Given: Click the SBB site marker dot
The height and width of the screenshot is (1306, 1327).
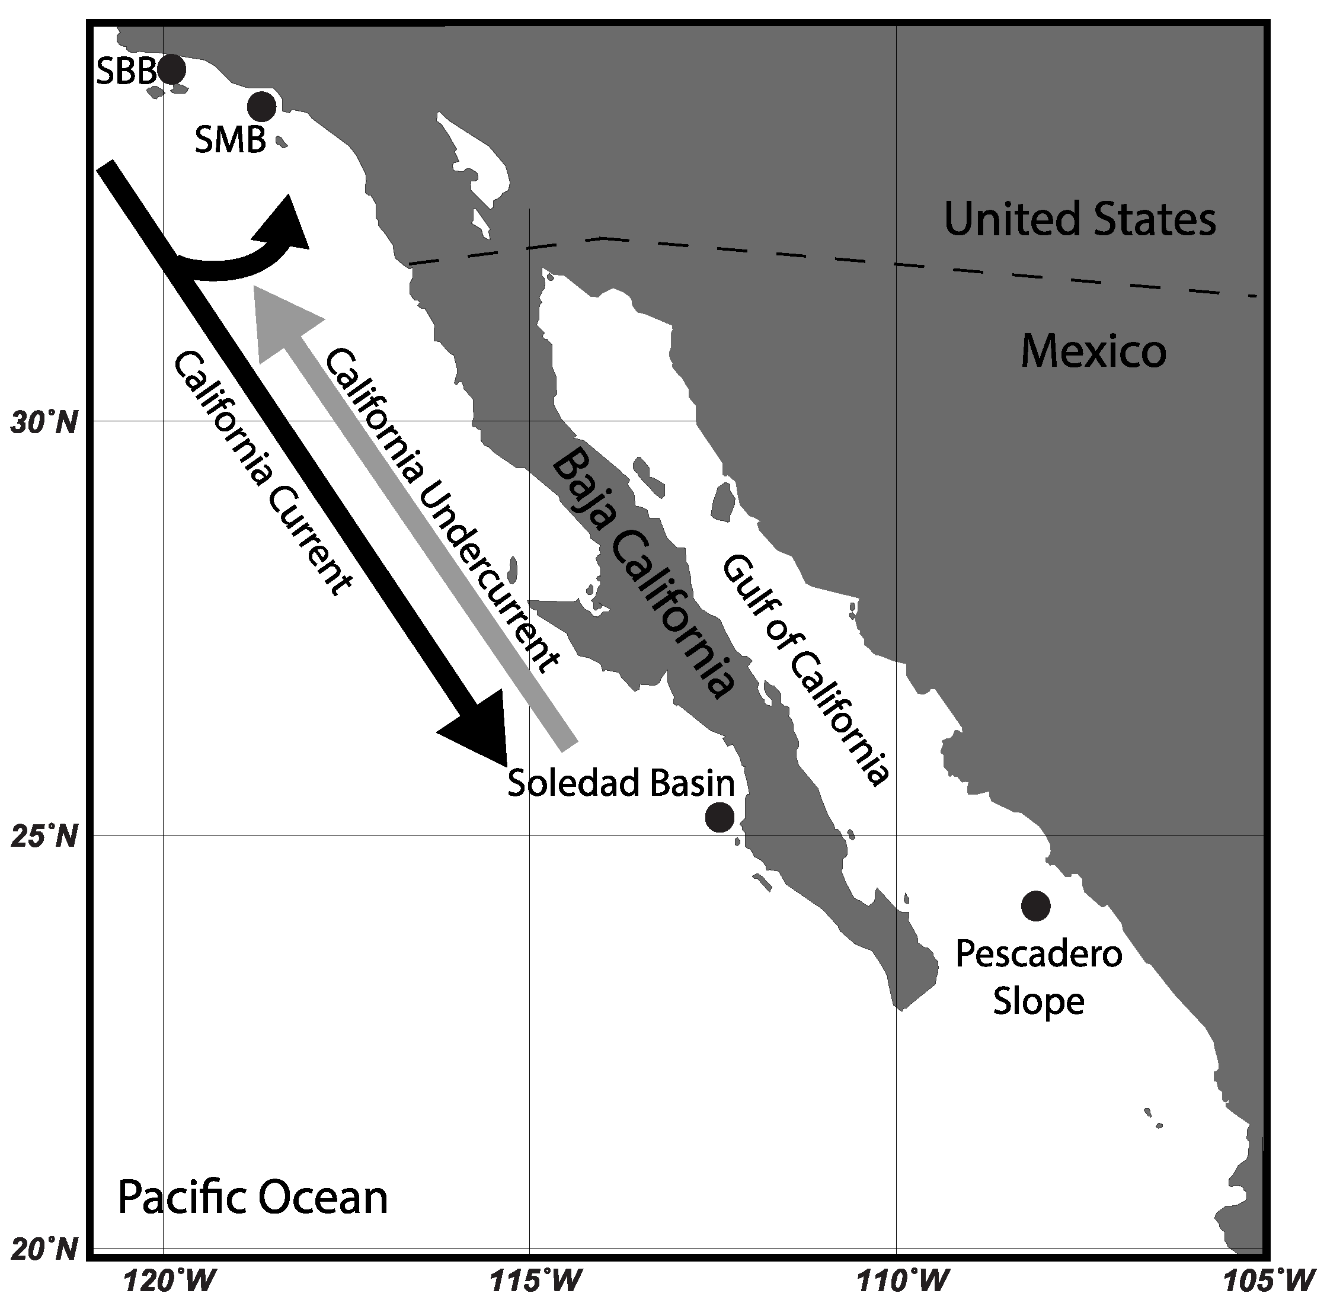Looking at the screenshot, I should click(171, 69).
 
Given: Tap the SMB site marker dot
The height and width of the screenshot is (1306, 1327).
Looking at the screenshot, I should click(261, 105).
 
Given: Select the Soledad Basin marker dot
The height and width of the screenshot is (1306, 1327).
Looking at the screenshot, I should click(719, 817).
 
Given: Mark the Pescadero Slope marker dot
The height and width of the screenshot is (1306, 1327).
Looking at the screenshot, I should click(1035, 905).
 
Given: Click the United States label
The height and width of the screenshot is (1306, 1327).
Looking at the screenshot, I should click(1079, 219).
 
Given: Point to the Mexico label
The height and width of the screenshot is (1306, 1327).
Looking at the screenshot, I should click(1093, 351).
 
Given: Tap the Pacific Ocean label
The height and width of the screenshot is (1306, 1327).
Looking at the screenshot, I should click(252, 1197).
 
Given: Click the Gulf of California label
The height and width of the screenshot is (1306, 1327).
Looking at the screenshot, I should click(806, 670).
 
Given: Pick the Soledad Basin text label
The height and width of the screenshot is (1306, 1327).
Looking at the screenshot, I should click(621, 783).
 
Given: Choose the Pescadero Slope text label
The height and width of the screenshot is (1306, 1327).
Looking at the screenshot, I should click(1038, 978).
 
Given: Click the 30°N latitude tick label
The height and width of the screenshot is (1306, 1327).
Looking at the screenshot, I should click(44, 422).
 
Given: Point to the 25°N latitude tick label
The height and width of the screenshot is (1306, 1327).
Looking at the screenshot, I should click(44, 837).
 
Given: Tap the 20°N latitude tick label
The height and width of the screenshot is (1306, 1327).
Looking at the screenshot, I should click(44, 1249).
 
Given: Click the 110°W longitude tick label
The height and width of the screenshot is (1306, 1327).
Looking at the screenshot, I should click(896, 1279).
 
